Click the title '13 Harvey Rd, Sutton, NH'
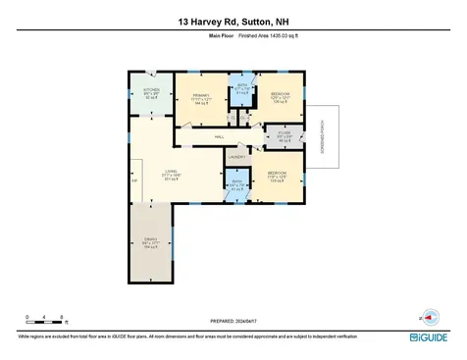pyautogui.click(x=233, y=21)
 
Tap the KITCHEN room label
pyautogui.click(x=151, y=93)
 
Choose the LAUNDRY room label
pyautogui.click(x=235, y=156)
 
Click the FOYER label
pyautogui.click(x=285, y=136)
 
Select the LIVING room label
pyautogui.click(x=169, y=173)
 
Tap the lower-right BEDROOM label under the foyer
pyautogui.click(x=278, y=177)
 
